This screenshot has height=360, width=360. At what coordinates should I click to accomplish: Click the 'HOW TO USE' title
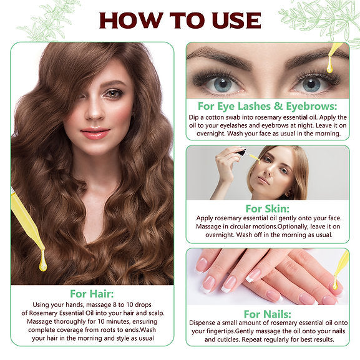click(180, 20)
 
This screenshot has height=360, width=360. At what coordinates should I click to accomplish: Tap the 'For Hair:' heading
click(92, 294)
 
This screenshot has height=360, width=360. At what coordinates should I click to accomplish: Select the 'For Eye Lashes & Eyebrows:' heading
click(268, 106)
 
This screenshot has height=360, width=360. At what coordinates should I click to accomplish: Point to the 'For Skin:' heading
click(268, 208)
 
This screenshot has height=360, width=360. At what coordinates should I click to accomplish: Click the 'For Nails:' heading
click(268, 314)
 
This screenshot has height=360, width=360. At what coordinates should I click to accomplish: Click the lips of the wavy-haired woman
click(95, 134)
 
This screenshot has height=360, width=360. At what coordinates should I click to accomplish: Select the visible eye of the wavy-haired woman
click(113, 94)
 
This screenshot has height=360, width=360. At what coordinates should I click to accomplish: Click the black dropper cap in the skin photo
click(241, 152)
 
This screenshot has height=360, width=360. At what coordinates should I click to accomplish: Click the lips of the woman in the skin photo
click(263, 181)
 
